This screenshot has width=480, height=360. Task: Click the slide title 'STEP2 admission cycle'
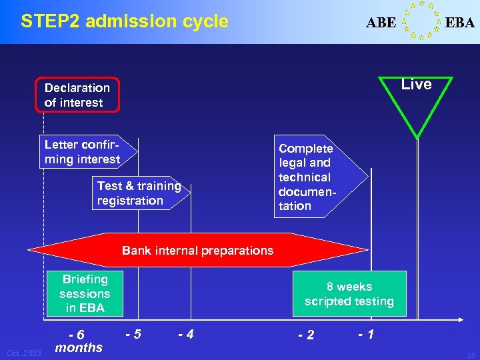tap(125, 21)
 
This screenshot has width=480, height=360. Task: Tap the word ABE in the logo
tap(381, 23)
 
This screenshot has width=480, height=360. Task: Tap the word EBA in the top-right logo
tap(460, 23)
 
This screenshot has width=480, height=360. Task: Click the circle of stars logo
tap(421, 21)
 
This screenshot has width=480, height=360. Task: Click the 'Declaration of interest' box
tap(78, 95)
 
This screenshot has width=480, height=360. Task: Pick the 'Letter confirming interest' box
tap(83, 152)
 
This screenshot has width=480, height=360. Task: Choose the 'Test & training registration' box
tap(139, 193)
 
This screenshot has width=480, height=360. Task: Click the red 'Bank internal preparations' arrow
tap(198, 251)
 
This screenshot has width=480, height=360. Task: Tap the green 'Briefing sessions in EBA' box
tap(85, 293)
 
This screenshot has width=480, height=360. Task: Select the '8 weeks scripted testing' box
tap(349, 294)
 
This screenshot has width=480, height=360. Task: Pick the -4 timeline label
tap(185, 333)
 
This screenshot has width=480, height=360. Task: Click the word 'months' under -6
tap(79, 347)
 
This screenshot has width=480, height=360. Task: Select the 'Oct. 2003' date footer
tap(24, 352)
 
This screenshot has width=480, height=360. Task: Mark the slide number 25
tap(471, 355)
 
